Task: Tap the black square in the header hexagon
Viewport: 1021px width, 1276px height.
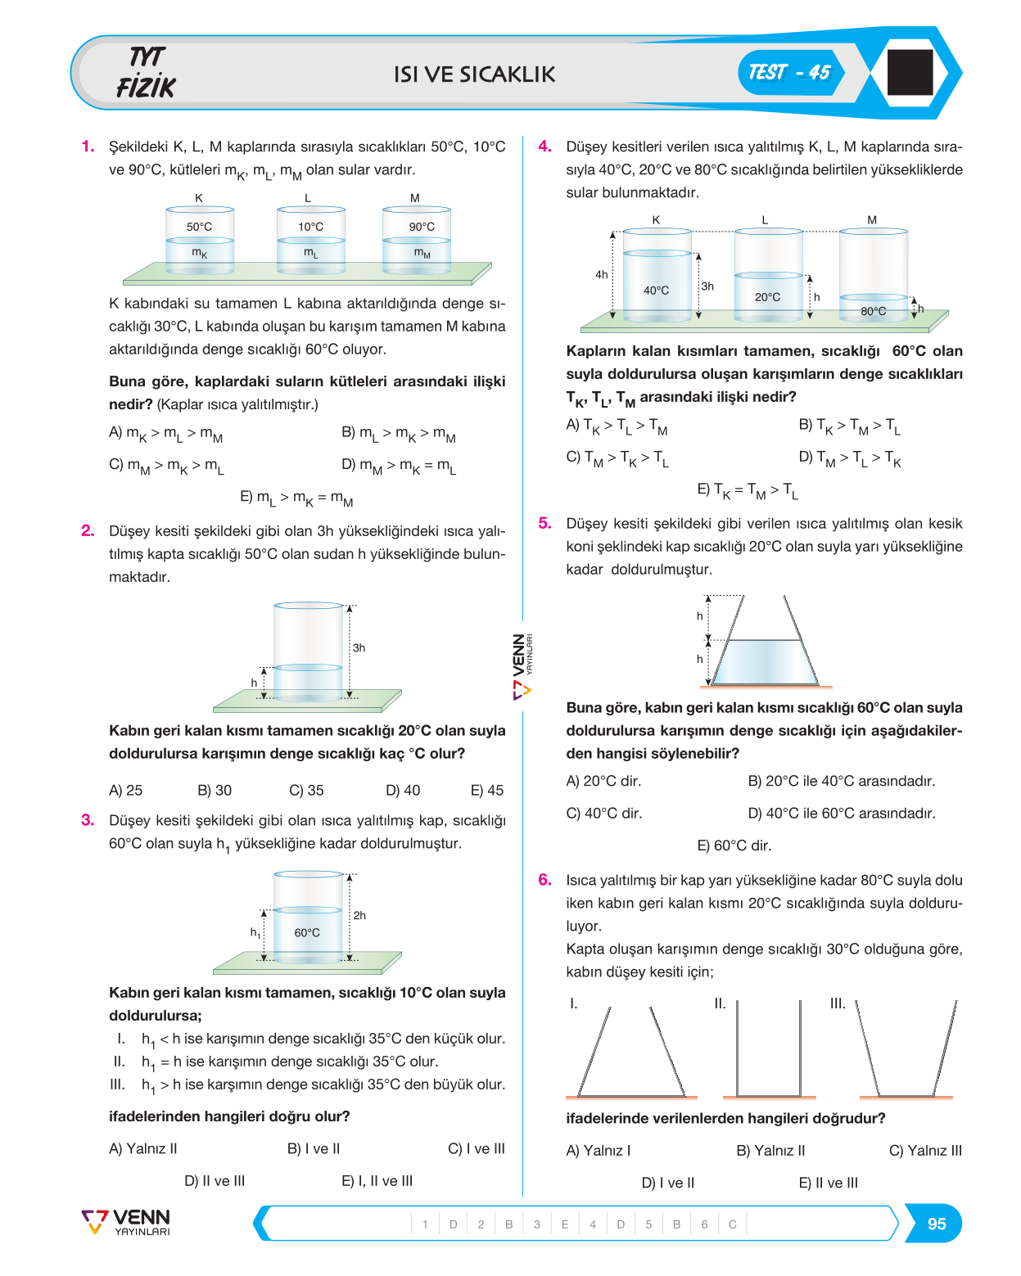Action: tap(910, 72)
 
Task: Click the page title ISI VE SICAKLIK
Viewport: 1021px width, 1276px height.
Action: tap(474, 74)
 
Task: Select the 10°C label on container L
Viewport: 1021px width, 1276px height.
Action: tap(310, 227)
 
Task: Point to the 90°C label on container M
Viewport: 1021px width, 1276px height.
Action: tap(421, 227)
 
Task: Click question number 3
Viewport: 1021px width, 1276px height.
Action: tap(88, 820)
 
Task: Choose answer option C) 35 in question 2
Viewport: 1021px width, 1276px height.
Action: tap(306, 790)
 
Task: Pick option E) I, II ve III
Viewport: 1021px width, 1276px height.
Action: tap(377, 1180)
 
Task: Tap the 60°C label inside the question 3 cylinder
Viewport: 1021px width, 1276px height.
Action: tap(307, 933)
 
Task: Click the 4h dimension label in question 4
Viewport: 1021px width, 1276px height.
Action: tap(601, 274)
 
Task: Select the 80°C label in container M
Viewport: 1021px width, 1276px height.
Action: tap(873, 311)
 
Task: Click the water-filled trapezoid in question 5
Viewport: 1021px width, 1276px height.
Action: tap(765, 662)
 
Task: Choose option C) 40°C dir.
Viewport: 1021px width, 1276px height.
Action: tap(603, 813)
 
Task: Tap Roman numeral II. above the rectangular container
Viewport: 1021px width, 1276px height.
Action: tap(719, 1003)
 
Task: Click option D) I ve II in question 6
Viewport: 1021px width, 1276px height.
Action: tap(667, 1183)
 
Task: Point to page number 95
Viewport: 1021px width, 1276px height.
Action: tap(936, 1224)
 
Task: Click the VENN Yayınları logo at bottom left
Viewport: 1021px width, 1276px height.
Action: tap(125, 1223)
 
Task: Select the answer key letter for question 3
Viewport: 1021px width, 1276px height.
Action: tap(564, 1224)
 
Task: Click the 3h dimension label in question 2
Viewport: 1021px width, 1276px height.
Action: tap(359, 647)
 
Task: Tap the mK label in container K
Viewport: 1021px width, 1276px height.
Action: tap(199, 253)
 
